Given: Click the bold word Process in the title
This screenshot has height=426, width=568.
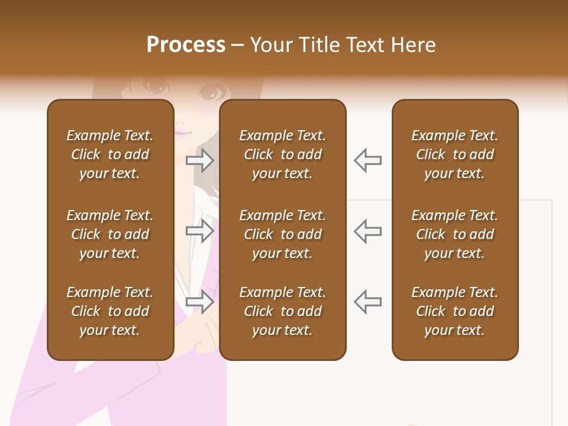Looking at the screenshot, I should [x=186, y=44].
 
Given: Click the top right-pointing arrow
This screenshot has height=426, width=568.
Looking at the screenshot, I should [x=199, y=160].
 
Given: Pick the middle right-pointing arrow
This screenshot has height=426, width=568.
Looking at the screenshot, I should [x=199, y=231].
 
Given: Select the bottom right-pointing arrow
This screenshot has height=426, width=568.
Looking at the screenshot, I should [x=199, y=302].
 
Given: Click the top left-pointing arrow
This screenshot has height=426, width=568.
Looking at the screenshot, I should [x=367, y=160].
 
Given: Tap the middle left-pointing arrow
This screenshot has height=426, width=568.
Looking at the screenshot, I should [x=367, y=231].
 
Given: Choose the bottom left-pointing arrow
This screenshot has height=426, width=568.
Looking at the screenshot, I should [x=367, y=302].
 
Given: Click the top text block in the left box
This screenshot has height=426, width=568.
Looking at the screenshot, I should [x=110, y=154].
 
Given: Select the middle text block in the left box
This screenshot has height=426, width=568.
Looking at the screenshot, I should [x=110, y=234].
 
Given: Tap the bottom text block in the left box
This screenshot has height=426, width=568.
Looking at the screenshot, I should [x=110, y=311].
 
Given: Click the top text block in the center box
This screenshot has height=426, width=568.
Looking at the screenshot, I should [x=283, y=154].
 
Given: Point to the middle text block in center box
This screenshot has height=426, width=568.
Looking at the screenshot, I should [x=283, y=234].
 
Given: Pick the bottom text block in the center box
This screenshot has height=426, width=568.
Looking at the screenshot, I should [x=283, y=311].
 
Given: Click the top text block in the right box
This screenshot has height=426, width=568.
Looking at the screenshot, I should [x=455, y=154].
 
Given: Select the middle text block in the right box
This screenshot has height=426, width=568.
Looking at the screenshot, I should [x=455, y=234].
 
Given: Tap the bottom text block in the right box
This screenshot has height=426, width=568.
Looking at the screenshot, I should [x=455, y=311].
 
